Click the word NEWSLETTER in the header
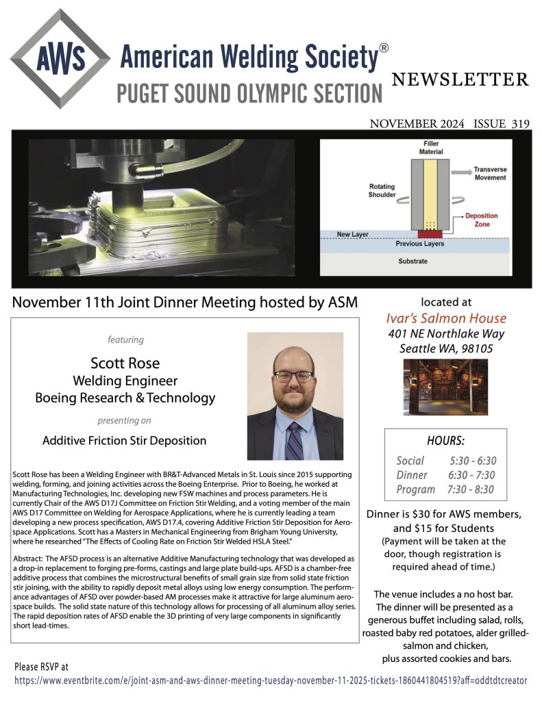tap(460, 79)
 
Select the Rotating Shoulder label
tap(382, 190)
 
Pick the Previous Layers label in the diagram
tap(419, 244)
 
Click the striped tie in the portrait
tap(294, 440)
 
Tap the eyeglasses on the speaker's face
tap(293, 376)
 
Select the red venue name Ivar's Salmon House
tap(446, 318)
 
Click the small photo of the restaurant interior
tap(445, 387)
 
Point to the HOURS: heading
tap(445, 442)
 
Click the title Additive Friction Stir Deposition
tap(124, 440)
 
